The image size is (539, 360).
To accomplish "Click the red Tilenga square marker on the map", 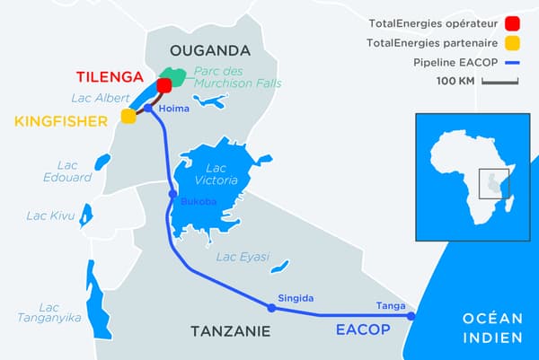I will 164,86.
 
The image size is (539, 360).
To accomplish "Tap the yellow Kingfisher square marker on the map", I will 128,116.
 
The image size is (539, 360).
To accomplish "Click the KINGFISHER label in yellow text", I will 57,119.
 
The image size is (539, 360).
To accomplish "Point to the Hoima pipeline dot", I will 148,109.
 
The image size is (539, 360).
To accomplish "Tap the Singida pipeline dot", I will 271,308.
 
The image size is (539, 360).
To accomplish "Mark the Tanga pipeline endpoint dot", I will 411,316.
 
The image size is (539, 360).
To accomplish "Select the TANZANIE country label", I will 230,331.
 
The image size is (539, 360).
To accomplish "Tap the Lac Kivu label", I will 49,215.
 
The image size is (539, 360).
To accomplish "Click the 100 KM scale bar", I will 501,83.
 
